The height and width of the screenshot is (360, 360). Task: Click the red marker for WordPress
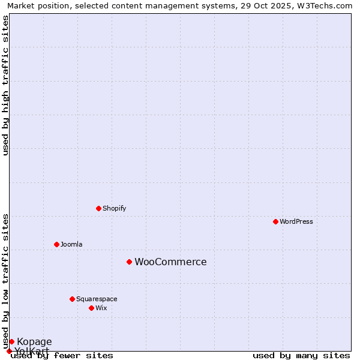pyautogui.click(x=275, y=221)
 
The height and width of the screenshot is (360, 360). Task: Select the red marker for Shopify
pyautogui.click(x=98, y=208)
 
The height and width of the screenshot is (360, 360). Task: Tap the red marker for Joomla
pyautogui.click(x=56, y=244)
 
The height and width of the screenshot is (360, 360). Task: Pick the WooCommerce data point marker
pyautogui.click(x=129, y=262)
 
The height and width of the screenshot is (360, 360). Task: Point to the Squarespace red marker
pyautogui.click(x=72, y=299)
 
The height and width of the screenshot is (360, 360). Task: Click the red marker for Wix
pyautogui.click(x=91, y=308)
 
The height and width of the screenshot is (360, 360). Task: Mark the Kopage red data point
pyautogui.click(x=11, y=341)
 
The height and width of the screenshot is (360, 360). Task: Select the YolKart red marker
pyautogui.click(x=9, y=351)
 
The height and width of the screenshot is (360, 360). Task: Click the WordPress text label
pyautogui.click(x=296, y=221)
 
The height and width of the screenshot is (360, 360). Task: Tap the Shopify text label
pyautogui.click(x=114, y=208)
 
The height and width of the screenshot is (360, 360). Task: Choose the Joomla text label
pyautogui.click(x=71, y=244)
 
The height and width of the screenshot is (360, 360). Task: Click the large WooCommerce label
pyautogui.click(x=170, y=262)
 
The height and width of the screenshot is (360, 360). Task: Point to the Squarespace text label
pyautogui.click(x=97, y=299)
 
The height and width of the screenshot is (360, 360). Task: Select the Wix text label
pyautogui.click(x=101, y=308)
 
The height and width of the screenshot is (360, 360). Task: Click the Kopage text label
pyautogui.click(x=34, y=341)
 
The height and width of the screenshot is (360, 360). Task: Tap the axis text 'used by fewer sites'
pyautogui.click(x=62, y=355)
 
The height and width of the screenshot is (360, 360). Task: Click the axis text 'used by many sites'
pyautogui.click(x=301, y=355)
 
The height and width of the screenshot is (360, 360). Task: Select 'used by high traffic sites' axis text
pyautogui.click(x=5, y=85)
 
